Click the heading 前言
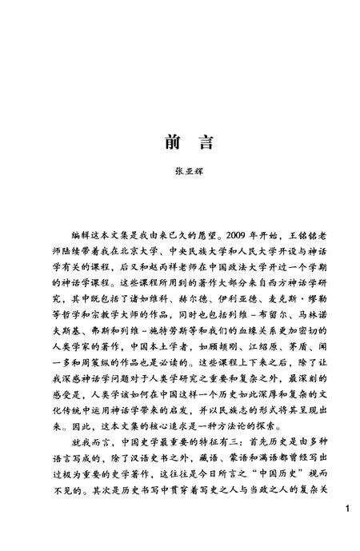pos(179,142)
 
